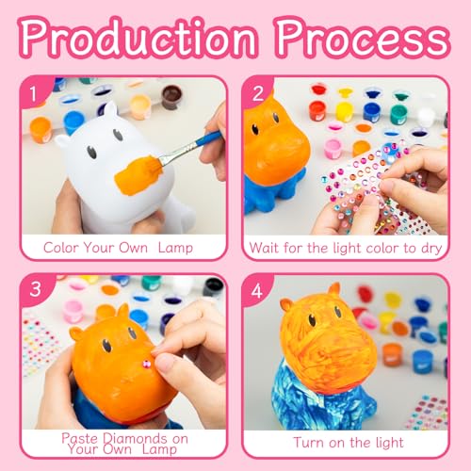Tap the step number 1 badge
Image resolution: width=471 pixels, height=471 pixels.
tap(36, 94)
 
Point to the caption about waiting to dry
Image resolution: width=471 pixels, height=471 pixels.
tap(347, 248)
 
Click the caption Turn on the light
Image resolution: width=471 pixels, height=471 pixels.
tap(347, 442)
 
